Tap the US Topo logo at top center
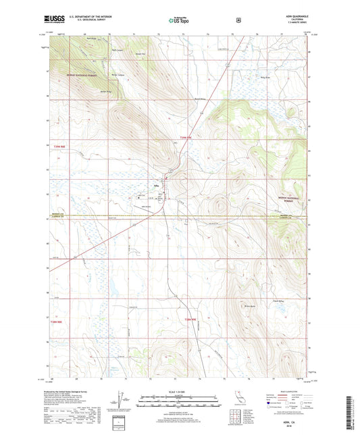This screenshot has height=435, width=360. click(x=180, y=21)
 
